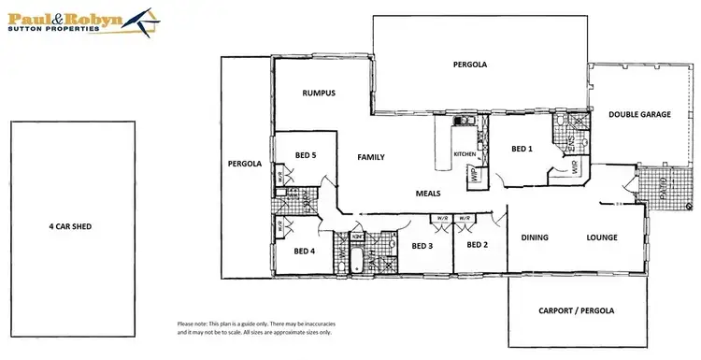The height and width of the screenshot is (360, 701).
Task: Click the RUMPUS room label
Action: click(x=319, y=94)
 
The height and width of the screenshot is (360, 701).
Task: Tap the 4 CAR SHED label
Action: click(x=71, y=225)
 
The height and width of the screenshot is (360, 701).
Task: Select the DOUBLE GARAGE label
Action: click(x=639, y=114)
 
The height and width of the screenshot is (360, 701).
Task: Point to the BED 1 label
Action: click(x=522, y=149)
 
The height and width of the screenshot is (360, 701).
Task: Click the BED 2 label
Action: click(x=477, y=245)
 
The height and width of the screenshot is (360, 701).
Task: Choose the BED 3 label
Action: click(x=422, y=246)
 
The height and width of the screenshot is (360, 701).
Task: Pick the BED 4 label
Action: click(x=305, y=251)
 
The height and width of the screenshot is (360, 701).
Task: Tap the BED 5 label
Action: click(x=305, y=154)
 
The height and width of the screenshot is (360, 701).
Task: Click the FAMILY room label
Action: click(x=371, y=157)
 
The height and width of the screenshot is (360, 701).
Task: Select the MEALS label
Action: click(x=429, y=194)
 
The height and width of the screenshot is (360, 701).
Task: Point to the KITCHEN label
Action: click(x=465, y=153)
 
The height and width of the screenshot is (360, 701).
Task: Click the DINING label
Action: click(x=535, y=238)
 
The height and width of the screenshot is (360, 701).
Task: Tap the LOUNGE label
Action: click(x=602, y=238)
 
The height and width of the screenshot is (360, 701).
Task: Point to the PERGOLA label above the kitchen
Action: click(x=471, y=65)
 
